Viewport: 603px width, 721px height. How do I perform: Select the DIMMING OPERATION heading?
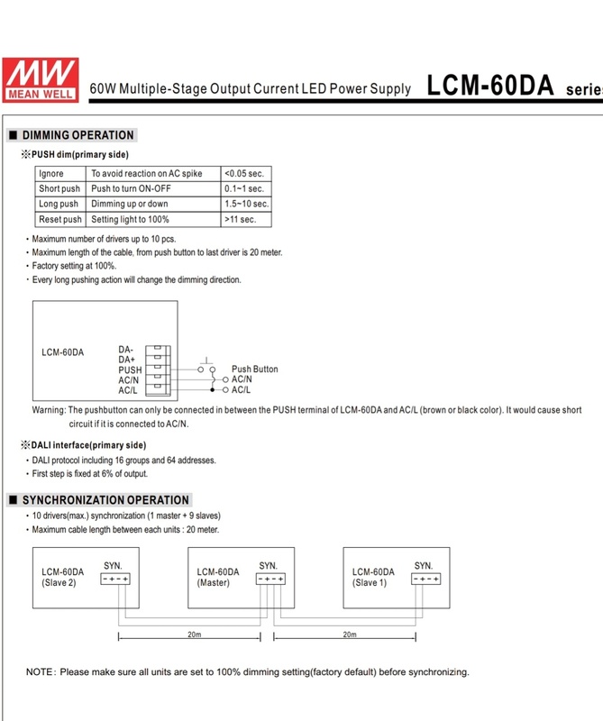pos(78,135)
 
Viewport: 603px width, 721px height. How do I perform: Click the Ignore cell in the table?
pos(50,173)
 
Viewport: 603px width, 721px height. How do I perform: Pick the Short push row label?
pos(60,188)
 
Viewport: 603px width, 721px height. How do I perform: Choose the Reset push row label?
pos(60,219)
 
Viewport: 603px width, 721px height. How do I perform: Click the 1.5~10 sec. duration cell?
pos(245,204)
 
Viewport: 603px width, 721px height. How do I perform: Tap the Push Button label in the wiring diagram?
pos(255,370)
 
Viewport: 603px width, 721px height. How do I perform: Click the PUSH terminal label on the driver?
pos(130,370)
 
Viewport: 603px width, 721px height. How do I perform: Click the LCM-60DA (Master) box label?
pos(218,577)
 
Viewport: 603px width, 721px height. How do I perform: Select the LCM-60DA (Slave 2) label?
pos(62,577)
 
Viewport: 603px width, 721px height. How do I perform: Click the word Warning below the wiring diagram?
pos(50,409)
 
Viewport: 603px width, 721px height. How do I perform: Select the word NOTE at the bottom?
pos(41,672)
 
